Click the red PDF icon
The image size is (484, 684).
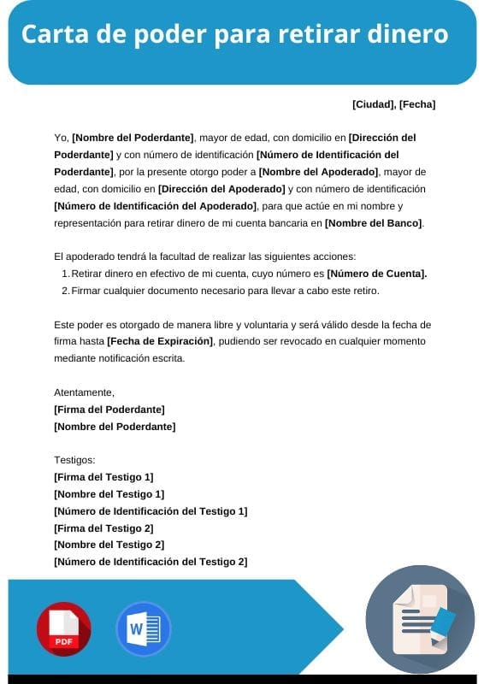click(63, 629)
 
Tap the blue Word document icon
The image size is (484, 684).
click(143, 629)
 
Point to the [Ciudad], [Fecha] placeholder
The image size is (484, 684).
click(393, 104)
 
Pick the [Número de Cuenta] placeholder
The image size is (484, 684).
click(376, 274)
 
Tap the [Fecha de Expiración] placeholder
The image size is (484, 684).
click(160, 341)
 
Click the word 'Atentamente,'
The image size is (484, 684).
click(84, 392)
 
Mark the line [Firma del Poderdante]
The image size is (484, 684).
click(109, 410)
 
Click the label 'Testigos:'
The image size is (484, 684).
click(74, 460)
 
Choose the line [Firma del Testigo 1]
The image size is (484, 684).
click(103, 477)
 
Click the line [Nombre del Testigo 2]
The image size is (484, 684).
click(109, 545)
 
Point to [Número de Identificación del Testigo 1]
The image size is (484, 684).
click(151, 511)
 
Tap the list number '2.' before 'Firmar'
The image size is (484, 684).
click(65, 291)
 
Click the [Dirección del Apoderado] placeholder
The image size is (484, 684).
click(221, 189)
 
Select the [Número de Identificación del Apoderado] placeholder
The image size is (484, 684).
click(155, 206)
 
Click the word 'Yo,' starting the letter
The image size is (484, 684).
click(61, 138)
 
